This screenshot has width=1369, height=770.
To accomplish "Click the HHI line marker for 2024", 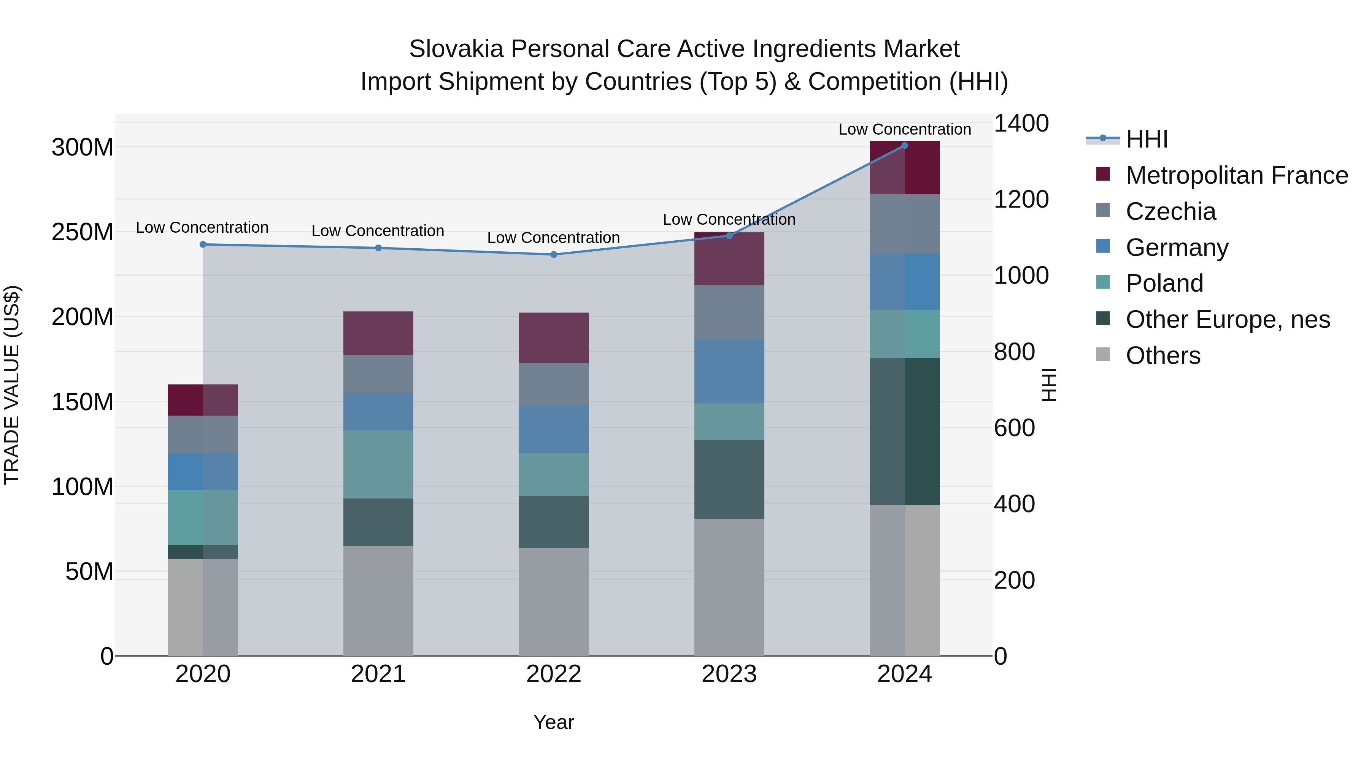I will [905, 146].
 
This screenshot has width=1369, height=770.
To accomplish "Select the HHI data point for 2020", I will [203, 244].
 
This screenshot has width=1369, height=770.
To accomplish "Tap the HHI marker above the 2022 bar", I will [554, 254].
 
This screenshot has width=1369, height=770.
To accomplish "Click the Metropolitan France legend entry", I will [1236, 175].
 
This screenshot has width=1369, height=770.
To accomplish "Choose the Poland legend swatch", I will [1103, 283].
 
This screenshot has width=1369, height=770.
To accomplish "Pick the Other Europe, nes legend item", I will [1228, 319].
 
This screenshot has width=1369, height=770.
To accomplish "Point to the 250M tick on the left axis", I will [83, 232].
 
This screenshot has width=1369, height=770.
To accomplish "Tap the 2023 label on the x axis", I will [729, 674].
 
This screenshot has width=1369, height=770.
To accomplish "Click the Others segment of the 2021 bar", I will [378, 600].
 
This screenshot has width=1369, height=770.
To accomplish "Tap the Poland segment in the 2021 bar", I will [378, 464].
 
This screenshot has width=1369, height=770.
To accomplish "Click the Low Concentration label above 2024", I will [905, 129].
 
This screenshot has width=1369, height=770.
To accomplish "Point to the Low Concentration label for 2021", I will [378, 231].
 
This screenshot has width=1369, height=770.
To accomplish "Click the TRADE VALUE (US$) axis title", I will [12, 385].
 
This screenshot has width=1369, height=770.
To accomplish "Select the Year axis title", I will [554, 722].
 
